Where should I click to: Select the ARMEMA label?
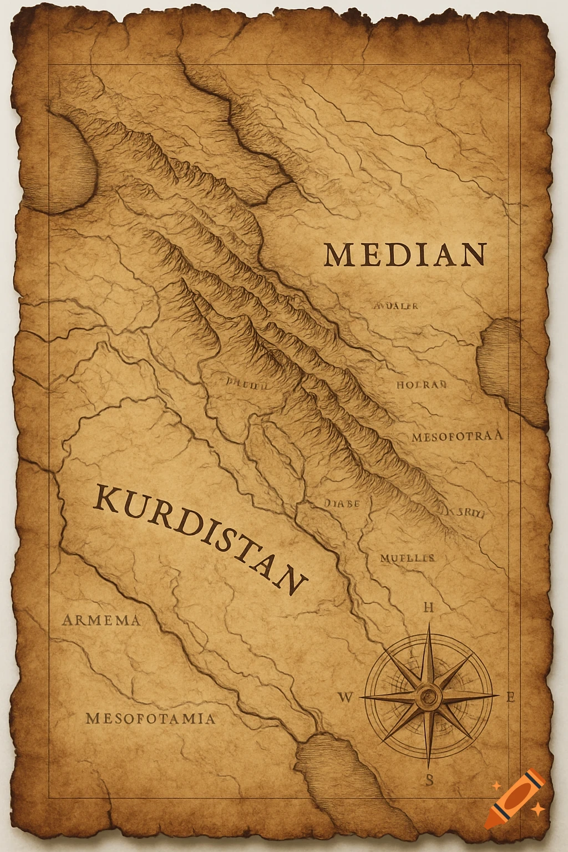[102, 620]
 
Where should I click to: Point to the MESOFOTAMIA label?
[150, 719]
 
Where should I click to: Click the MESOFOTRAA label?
[457, 436]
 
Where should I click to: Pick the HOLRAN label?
[422, 384]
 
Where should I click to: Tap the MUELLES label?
[407, 558]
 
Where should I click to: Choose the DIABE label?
[341, 504]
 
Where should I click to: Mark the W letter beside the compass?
[345, 698]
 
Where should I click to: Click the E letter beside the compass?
[512, 698]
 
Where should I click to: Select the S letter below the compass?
[429, 780]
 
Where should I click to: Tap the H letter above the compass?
[428, 607]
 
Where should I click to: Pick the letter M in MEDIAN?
[338, 255]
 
